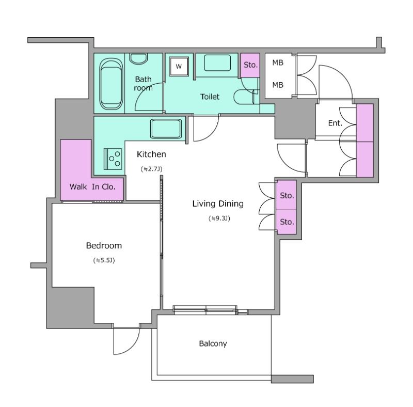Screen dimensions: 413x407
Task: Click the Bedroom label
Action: [x=104, y=246]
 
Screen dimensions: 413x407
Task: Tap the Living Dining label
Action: [x=218, y=204]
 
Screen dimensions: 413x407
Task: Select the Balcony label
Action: [x=213, y=343]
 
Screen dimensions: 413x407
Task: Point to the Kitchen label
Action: [x=151, y=154]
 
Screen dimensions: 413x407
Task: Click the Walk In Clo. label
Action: [x=93, y=187]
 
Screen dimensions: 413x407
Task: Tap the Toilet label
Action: [x=210, y=97]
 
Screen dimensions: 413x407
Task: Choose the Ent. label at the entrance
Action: [x=335, y=123]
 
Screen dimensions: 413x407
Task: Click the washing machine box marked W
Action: [x=179, y=66]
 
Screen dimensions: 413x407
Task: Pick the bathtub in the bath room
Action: [x=111, y=84]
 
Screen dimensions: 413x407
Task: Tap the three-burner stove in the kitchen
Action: [x=113, y=159]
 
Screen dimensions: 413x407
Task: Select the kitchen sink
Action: [x=166, y=129]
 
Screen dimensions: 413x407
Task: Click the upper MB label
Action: [x=278, y=62]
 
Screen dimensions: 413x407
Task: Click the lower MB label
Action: [x=278, y=85]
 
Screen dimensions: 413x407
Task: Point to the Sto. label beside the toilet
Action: [x=250, y=65]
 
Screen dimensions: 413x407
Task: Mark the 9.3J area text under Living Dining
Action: [x=219, y=218]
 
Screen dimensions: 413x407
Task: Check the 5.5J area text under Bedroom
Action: [x=104, y=260]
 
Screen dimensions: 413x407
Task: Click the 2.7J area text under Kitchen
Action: [x=151, y=169]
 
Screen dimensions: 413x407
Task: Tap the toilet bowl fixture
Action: [x=244, y=97]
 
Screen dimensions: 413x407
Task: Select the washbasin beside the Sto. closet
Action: [x=217, y=62]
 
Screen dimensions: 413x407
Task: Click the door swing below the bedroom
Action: [x=126, y=341]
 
